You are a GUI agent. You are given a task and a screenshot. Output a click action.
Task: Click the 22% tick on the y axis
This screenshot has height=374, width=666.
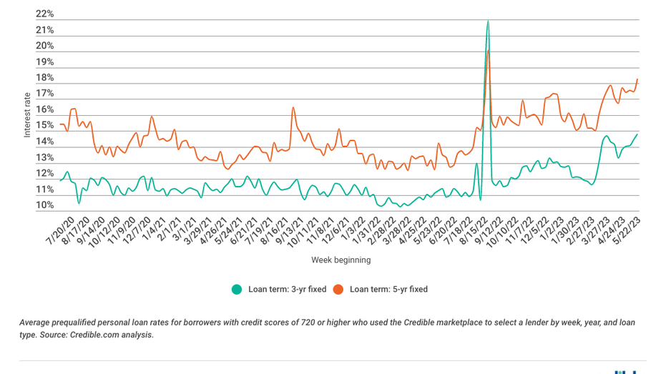point(44,14)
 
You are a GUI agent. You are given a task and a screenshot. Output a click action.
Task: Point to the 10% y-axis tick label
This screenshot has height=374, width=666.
point(44,206)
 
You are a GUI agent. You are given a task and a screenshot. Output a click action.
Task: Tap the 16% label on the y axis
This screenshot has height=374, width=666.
point(44,110)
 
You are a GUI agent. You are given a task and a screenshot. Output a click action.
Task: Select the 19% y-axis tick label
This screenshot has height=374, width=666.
point(44,62)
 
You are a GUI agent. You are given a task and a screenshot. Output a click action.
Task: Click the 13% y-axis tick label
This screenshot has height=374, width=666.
point(44,158)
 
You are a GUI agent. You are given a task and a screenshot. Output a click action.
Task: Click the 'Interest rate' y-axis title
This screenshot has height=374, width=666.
point(27,114)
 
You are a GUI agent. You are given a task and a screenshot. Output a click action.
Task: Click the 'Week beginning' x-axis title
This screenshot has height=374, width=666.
point(341,260)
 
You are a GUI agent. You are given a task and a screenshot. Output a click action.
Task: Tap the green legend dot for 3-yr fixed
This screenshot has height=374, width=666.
point(236,290)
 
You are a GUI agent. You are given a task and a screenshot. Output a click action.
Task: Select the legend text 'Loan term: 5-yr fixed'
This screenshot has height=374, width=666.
point(388,290)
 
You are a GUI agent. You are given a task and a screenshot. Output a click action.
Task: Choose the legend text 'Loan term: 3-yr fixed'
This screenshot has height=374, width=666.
point(287,290)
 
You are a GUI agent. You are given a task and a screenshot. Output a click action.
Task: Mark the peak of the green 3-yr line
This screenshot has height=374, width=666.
point(488,21)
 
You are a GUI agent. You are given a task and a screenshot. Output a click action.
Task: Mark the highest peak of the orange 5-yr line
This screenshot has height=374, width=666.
point(489,50)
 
